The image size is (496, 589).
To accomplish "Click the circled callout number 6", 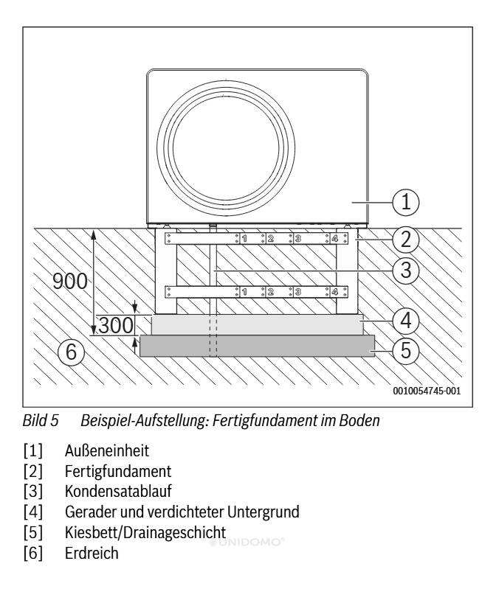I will [x=71, y=353].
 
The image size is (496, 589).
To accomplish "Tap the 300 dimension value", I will [x=116, y=325].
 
